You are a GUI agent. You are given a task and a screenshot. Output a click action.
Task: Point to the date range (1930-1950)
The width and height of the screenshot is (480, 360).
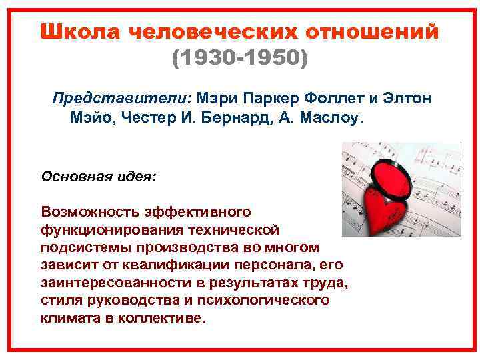(x=240, y=60)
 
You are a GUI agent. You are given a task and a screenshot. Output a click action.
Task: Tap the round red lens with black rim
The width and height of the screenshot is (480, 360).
(x=395, y=174)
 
